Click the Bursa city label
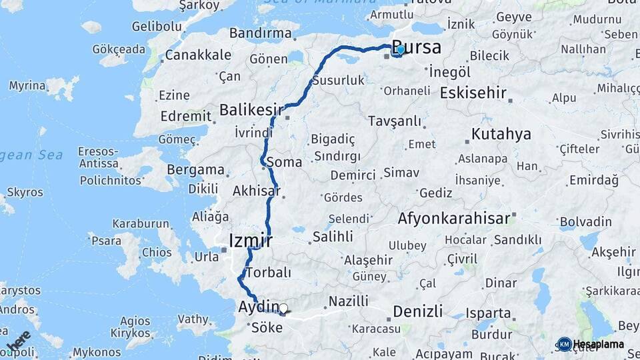[419, 47]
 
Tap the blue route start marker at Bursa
[399, 49]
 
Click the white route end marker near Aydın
[283, 309]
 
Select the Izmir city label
[250, 239]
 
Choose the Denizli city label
[418, 311]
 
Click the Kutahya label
[501, 134]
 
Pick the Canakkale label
[198, 55]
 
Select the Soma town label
[284, 162]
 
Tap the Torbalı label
[268, 273]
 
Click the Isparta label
[489, 312]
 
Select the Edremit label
[186, 115]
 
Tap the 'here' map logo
[18, 341]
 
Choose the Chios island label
[157, 252]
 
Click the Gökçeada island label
[119, 49]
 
